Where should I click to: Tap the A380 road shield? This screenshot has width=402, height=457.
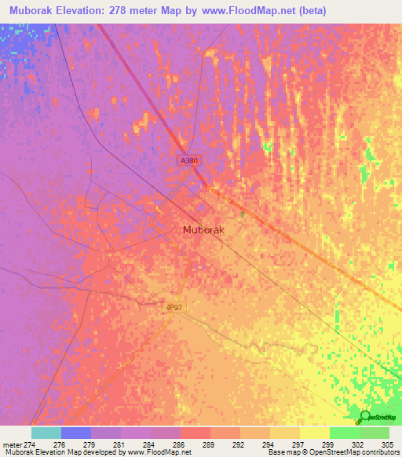click(188, 160)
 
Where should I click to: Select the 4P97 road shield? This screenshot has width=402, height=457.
click(174, 309)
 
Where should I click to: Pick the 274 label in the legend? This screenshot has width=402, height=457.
click(31, 444)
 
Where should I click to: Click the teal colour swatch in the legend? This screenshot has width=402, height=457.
click(46, 433)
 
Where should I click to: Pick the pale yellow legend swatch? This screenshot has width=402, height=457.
click(315, 433)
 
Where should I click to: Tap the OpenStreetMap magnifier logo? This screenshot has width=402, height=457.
click(365, 416)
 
